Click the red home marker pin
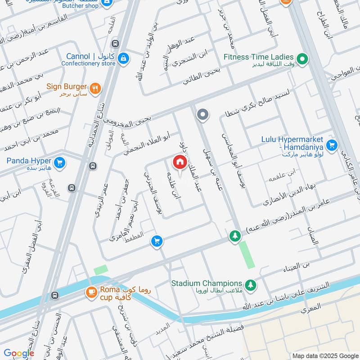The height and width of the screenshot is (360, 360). point(180,162)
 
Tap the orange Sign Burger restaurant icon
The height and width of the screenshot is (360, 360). point(94,88)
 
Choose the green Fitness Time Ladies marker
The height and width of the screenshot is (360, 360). point(303,58)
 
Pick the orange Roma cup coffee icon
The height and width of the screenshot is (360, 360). point(90,292)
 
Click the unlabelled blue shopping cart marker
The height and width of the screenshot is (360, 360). point(157,242)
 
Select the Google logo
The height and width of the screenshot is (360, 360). point(19,353)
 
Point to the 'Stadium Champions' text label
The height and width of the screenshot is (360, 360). point(207,283)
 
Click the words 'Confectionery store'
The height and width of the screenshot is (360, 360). point(89,64)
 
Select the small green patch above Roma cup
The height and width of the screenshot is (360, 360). point(101,270)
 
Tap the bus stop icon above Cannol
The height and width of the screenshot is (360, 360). point(116,44)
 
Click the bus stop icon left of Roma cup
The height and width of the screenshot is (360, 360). point(55,296)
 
